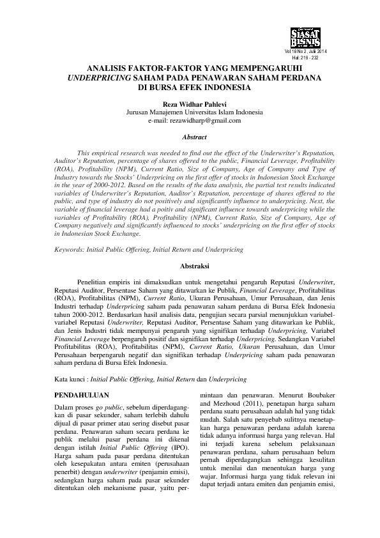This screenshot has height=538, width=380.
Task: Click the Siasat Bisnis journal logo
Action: [x=308, y=36]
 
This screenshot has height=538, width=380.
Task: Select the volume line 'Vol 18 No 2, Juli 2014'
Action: [x=308, y=51]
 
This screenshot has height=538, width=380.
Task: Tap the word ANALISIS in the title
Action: [x=107, y=67]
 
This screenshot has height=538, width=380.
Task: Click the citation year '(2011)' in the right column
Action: [x=244, y=404]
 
